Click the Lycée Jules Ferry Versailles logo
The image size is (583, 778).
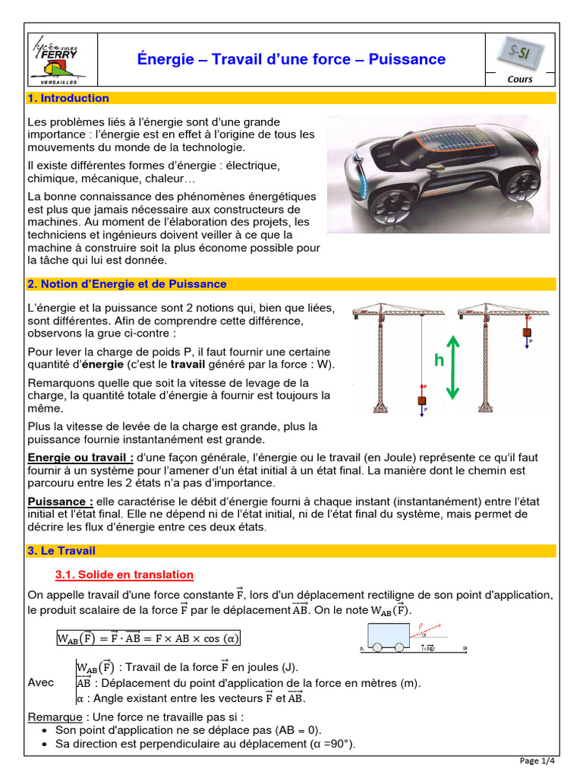tap(57, 60)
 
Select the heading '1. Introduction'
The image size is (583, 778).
tap(68, 98)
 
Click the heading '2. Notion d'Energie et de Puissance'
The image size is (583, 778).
tap(127, 283)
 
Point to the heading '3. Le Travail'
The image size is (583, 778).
tap(61, 550)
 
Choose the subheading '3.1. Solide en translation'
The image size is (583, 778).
tap(124, 574)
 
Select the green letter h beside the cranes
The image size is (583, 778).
tap(439, 361)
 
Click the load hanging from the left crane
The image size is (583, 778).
tap(422, 400)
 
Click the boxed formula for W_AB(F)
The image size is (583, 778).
tap(149, 638)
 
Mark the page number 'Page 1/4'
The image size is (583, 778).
tap(538, 761)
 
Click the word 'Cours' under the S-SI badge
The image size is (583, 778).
tap(520, 79)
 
